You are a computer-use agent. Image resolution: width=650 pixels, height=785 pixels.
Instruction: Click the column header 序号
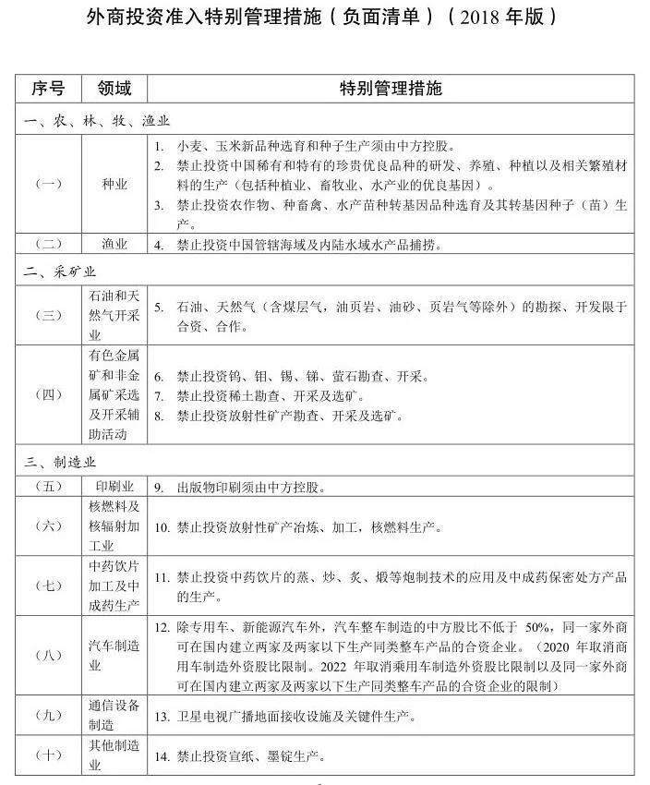[48, 89]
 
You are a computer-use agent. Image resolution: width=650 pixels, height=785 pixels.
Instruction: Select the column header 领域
[114, 89]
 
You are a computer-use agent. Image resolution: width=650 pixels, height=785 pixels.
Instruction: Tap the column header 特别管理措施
[391, 89]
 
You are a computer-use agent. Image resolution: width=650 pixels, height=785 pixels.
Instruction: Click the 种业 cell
[114, 184]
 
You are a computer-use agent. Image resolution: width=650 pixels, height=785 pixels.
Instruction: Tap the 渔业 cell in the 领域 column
[114, 245]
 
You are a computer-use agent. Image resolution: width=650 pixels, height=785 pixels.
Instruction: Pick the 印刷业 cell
[114, 486]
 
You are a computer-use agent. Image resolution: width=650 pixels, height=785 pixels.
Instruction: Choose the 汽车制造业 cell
[114, 657]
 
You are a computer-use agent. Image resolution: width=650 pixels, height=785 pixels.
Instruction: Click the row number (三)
[48, 315]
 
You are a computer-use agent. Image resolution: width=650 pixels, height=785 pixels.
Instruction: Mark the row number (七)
[48, 586]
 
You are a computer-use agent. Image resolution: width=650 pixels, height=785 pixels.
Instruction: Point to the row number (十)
[48, 755]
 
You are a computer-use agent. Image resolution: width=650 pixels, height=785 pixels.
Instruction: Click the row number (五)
[48, 486]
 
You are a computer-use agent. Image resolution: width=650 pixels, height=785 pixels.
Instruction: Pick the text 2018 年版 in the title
[502, 18]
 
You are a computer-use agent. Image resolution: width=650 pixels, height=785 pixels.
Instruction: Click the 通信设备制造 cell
[114, 714]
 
